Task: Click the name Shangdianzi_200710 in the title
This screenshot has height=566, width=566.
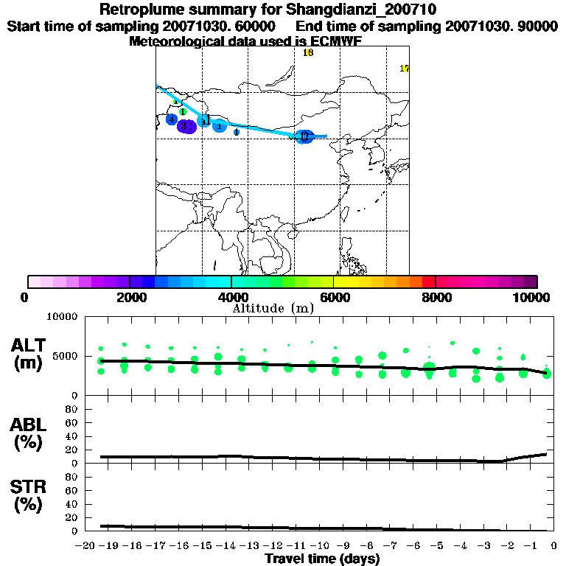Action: click(372, 10)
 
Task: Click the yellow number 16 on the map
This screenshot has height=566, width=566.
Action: click(308, 52)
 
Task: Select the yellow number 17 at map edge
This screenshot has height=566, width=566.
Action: click(404, 69)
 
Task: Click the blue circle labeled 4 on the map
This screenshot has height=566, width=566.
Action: click(172, 119)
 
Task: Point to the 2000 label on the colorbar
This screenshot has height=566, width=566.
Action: click(129, 297)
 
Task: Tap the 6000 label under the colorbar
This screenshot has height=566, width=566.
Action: click(334, 297)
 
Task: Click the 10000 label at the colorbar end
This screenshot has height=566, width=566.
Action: click(531, 297)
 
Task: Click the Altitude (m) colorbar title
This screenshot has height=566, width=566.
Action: click(273, 308)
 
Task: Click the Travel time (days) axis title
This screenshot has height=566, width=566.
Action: click(322, 559)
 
